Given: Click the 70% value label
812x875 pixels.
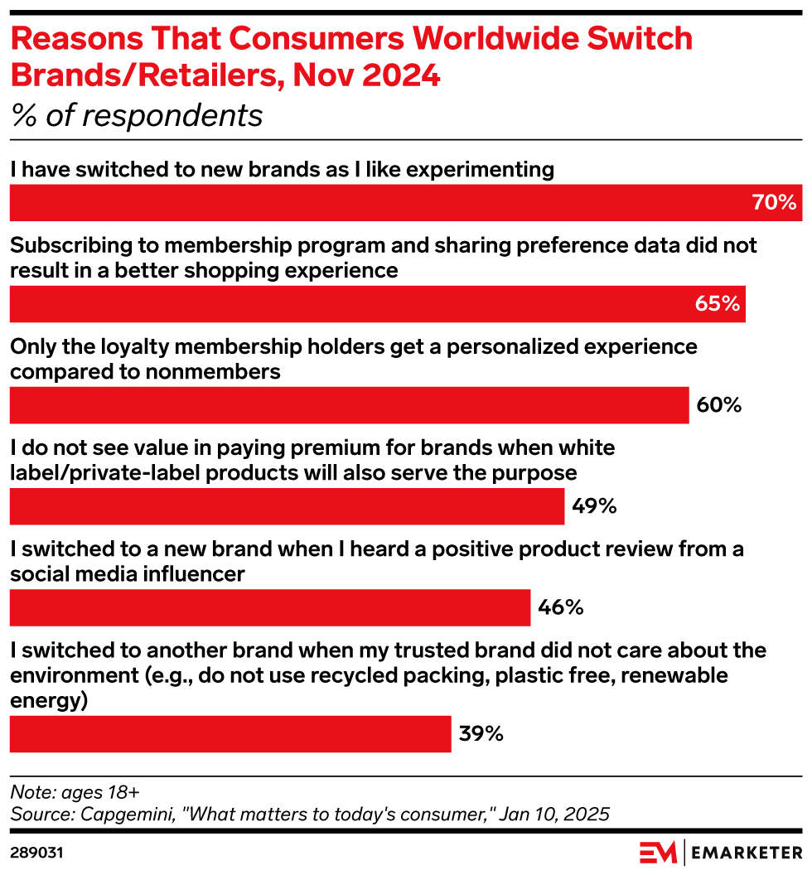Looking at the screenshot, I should [x=774, y=203].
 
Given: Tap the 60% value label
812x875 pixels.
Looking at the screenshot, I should [x=718, y=405].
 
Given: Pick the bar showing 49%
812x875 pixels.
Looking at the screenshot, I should [x=287, y=506].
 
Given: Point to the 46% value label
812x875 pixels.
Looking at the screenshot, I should [x=561, y=607].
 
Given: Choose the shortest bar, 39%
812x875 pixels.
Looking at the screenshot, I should [x=230, y=734].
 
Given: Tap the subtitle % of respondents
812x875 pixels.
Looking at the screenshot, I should [x=137, y=115].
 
